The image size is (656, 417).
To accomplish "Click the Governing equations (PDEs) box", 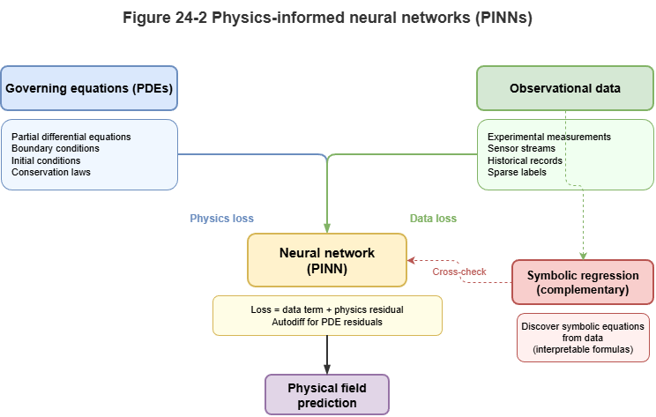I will tap(89, 88).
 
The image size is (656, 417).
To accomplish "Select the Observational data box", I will tap(565, 88).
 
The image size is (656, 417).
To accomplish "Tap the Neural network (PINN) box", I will tap(327, 260).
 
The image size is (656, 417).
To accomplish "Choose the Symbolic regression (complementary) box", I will tap(583, 282).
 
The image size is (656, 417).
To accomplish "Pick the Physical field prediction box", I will tap(327, 394).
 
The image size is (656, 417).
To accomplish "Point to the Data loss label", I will tap(433, 218).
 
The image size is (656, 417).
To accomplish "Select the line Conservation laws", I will tap(52, 172).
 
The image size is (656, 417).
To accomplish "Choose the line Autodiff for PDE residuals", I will tap(327, 321).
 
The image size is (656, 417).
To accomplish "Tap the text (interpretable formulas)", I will tap(583, 349).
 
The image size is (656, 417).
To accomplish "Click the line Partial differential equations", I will tap(71, 138).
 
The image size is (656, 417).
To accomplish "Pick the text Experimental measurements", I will tap(549, 138).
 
